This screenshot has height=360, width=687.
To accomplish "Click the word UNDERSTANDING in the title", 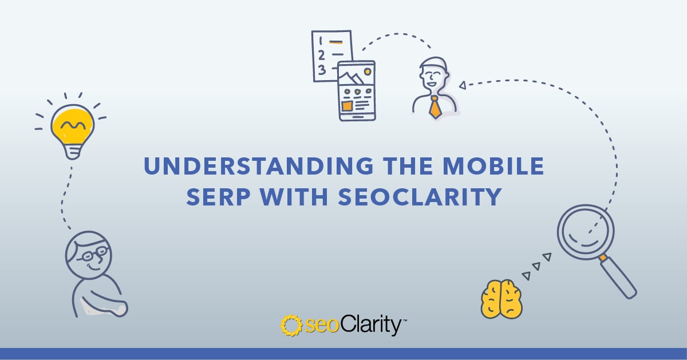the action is click(259, 166).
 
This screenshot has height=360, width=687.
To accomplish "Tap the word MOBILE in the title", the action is click(493, 166).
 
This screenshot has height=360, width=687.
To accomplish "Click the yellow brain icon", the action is click(502, 299).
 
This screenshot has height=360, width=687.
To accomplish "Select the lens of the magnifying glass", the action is click(586, 232).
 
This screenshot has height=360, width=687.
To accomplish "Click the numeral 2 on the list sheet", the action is click(321, 56).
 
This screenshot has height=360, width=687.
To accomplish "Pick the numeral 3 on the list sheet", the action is click(321, 70).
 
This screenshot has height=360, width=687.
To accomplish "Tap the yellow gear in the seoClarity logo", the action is click(291, 325).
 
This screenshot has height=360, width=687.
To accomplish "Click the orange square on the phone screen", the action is click(346, 106).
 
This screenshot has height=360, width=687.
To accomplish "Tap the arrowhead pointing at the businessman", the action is click(463, 85).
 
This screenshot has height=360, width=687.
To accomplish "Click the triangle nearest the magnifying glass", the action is click(547, 256).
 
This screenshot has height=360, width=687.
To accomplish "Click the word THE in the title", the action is click(408, 166).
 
